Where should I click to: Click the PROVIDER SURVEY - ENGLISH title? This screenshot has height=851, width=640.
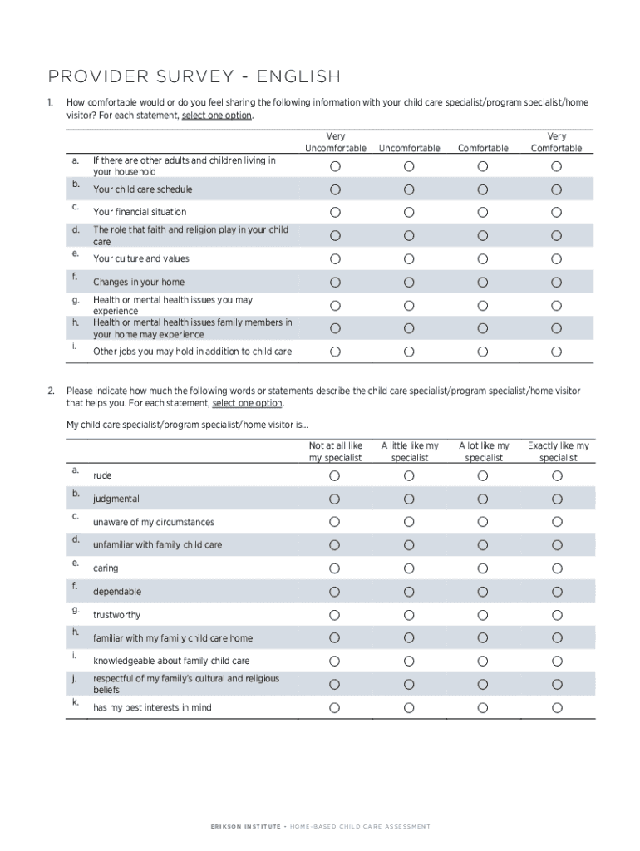point(194,77)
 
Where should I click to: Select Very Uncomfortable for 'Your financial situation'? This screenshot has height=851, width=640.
point(335,212)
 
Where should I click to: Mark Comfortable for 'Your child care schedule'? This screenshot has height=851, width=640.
point(483,189)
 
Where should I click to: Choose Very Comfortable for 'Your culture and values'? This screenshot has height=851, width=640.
point(556,258)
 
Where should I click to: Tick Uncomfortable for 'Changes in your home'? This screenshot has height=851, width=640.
point(409,282)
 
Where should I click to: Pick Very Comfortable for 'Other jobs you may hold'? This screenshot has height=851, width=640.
point(556,352)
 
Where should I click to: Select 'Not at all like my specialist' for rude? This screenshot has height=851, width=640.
point(335,475)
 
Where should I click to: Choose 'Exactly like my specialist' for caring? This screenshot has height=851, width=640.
point(557,568)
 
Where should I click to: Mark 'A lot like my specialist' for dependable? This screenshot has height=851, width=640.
point(483,592)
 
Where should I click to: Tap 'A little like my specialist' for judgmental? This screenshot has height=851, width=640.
point(409,499)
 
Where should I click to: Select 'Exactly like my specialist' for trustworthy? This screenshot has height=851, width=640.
point(557,615)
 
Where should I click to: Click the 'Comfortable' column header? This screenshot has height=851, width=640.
point(483,148)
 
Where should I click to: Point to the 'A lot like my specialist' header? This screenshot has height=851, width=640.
point(484,451)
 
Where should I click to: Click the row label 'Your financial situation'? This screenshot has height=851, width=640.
point(140,212)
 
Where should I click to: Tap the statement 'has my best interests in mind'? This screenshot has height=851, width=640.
point(152,707)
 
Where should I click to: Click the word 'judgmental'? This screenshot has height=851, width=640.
point(116,499)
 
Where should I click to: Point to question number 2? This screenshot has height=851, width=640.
point(51,390)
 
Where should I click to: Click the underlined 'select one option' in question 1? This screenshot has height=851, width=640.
point(216,116)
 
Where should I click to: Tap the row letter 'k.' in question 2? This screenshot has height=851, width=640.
point(75,702)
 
